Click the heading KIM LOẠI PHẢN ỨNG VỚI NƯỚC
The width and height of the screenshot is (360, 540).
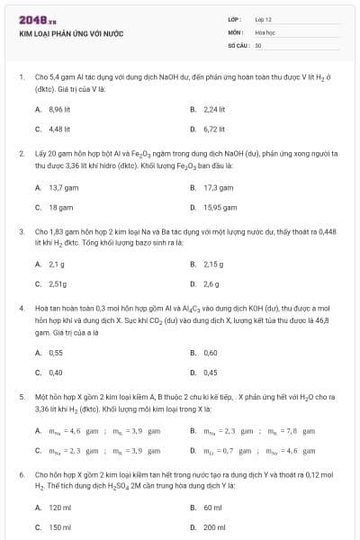pos(65,33)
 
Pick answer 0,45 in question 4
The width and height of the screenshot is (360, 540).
pos(211,373)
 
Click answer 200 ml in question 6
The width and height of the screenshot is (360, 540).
pos(213,527)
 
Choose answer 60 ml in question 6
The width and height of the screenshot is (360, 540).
pos(211,508)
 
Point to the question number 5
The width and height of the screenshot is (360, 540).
pos(21,395)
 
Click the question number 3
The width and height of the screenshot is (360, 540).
pos(21,231)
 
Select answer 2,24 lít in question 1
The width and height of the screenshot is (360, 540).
pos(213,108)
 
